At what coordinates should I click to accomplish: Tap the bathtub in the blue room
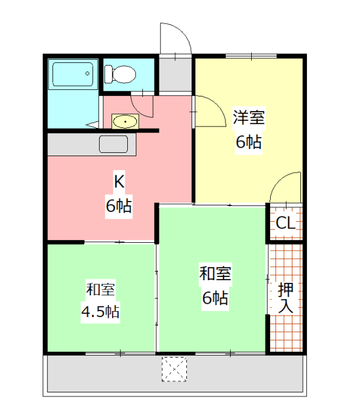pyautogui.click(x=73, y=75)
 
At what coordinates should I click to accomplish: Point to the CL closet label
pyautogui.click(x=286, y=223)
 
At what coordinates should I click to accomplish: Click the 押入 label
pyautogui.click(x=286, y=297)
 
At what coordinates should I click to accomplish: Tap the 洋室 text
pyautogui.click(x=249, y=118)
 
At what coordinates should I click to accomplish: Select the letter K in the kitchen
pyautogui.click(x=119, y=180)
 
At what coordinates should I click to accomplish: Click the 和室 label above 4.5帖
pyautogui.click(x=100, y=289)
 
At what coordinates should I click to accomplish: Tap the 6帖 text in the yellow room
pyautogui.click(x=249, y=142)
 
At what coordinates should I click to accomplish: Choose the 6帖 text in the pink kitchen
pyautogui.click(x=119, y=205)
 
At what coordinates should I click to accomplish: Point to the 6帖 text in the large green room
pyautogui.click(x=214, y=299)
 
